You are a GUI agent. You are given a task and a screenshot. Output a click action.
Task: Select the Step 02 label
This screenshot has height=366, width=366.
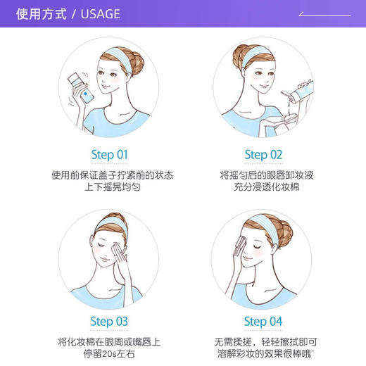(x=263, y=154)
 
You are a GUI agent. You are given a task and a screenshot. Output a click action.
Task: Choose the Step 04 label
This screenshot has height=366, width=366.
(x=263, y=322)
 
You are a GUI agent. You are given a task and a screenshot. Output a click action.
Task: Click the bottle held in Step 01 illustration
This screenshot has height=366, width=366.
(x=80, y=87)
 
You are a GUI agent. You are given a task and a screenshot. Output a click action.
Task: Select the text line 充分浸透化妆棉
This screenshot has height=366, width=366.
(x=263, y=188)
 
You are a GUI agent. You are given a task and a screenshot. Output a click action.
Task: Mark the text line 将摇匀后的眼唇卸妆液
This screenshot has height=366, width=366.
(x=263, y=175)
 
